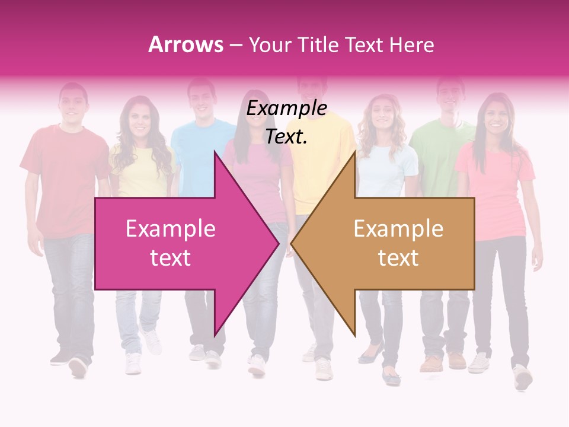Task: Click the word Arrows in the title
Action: tap(186, 44)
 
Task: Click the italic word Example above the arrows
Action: tap(286, 109)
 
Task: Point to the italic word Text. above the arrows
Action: tap(286, 136)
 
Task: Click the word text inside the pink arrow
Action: tap(170, 258)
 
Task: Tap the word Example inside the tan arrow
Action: tap(398, 229)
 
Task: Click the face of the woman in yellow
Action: tap(139, 119)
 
